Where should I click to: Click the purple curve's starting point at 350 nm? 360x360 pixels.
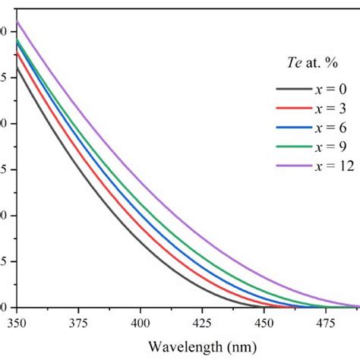point(17,21)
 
